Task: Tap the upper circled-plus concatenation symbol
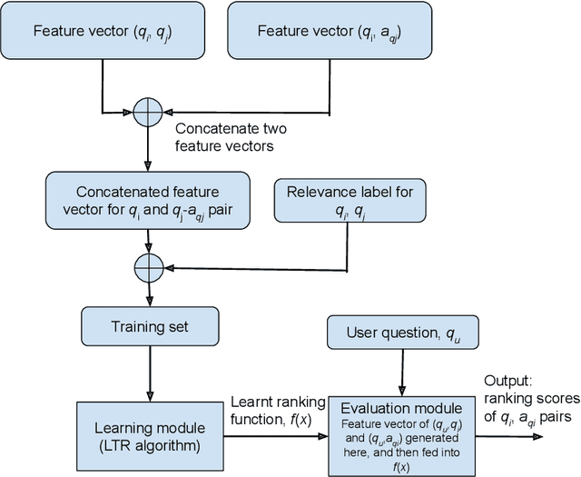click(146, 113)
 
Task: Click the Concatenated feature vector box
click(145, 201)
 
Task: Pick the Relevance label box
click(350, 201)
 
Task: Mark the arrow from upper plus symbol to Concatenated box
click(146, 149)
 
